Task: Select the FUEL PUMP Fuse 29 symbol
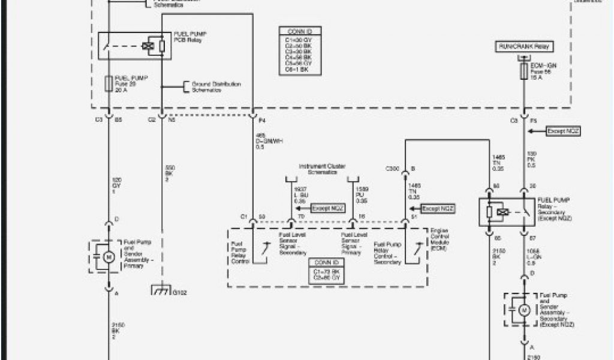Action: coord(108,83)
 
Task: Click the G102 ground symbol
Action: coord(161,292)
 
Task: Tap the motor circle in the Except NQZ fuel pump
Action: coord(523,310)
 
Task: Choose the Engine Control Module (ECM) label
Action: coord(440,239)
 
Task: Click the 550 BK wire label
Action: coord(169,172)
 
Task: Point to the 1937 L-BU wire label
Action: coord(300,194)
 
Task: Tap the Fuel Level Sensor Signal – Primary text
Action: coord(351,245)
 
